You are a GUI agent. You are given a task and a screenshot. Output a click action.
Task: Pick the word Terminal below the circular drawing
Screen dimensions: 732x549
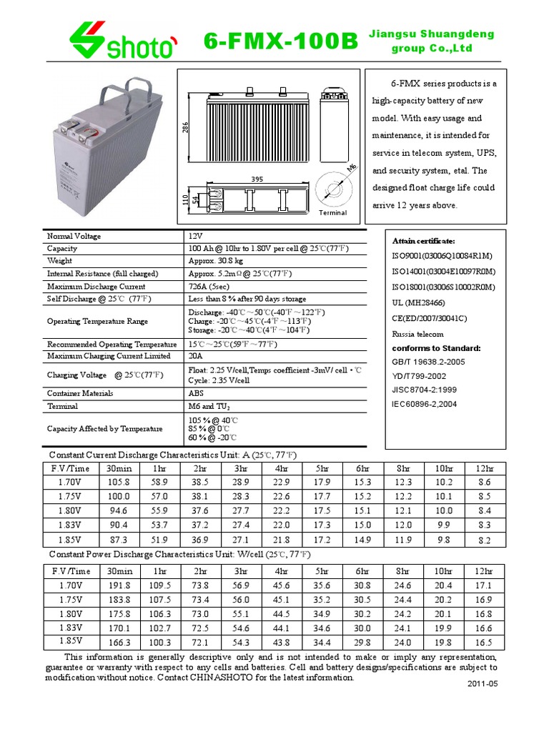[x=332, y=212]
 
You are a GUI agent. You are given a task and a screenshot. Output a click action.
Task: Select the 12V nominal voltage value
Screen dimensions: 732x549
[x=196, y=236]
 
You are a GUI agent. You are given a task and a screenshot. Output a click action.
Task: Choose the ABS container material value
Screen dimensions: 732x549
[x=197, y=393]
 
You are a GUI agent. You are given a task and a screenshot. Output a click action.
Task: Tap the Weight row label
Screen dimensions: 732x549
[x=60, y=261]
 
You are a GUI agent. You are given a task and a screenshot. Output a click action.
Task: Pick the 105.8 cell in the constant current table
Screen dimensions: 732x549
[x=119, y=483]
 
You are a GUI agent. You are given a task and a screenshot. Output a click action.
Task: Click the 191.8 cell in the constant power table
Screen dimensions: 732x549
[x=119, y=585]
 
